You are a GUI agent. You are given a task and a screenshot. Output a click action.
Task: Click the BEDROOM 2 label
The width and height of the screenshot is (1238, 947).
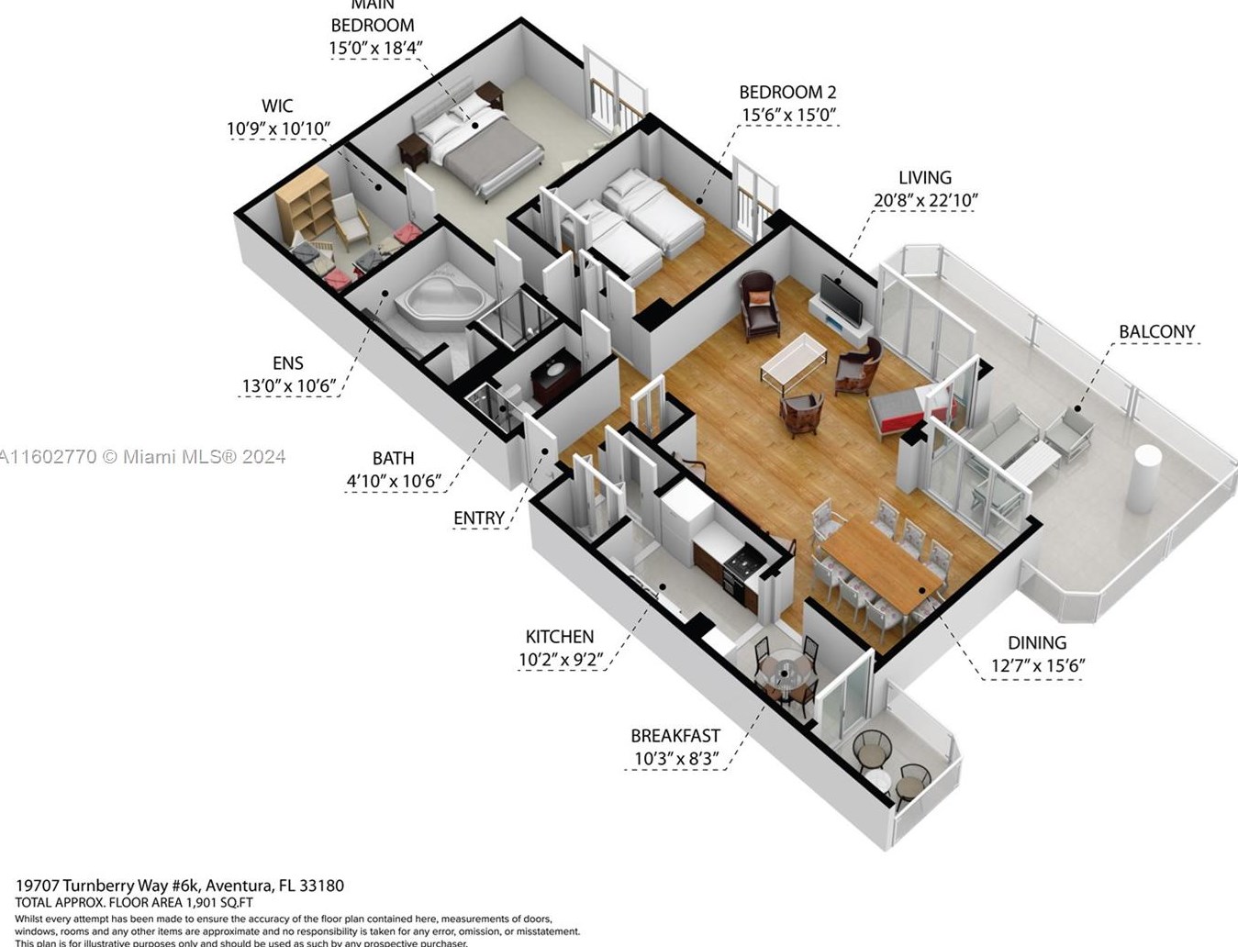point(787,92)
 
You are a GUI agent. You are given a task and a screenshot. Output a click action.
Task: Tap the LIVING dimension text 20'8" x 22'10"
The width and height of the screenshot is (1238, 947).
point(924,200)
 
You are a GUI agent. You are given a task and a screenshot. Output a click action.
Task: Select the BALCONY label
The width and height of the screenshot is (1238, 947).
point(1156,331)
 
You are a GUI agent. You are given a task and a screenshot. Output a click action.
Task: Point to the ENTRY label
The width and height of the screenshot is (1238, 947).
point(478,518)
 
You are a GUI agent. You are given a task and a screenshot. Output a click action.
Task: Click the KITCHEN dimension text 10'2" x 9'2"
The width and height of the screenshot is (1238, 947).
point(560,659)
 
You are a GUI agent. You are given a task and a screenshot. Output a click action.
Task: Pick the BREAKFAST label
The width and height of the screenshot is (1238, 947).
point(675,736)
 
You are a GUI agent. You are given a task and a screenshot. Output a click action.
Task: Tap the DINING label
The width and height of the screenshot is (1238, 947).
point(1037,643)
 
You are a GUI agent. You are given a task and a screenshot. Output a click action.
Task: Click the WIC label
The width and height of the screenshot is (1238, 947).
point(277,106)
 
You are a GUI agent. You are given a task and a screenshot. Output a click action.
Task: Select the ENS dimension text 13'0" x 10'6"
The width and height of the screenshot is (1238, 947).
point(286,386)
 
